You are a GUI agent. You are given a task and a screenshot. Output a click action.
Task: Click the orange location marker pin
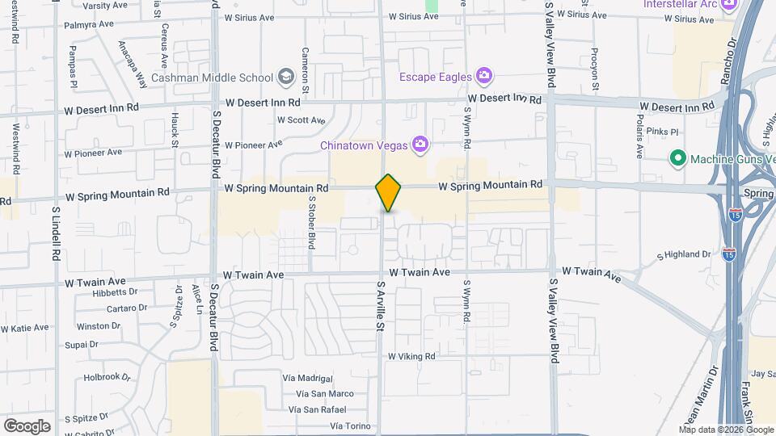(x=389, y=193)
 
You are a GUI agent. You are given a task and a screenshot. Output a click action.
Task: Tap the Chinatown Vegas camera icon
(x=420, y=145)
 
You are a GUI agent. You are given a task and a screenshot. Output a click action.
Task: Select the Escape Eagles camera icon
(x=484, y=77)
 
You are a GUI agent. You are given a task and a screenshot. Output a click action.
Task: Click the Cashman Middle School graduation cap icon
(x=285, y=78)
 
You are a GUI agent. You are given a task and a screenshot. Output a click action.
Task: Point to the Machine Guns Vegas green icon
(x=678, y=158)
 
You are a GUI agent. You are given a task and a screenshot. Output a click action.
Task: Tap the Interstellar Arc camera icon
(x=729, y=5)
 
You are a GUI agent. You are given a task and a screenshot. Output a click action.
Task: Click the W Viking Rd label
(x=411, y=356)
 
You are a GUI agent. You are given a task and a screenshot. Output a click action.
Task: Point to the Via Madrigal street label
(x=308, y=378)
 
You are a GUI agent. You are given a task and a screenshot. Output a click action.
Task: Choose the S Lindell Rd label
(x=56, y=233)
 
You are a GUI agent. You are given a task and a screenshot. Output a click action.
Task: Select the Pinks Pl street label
(x=660, y=131)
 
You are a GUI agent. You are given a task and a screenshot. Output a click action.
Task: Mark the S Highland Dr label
(x=684, y=254)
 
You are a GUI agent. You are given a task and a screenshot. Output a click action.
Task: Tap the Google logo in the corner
(x=27, y=426)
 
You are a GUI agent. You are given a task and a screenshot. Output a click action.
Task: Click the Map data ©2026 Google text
(x=725, y=430)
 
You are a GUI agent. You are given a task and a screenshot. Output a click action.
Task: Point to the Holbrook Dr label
(x=108, y=377)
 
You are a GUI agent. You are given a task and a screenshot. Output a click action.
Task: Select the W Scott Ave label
(x=301, y=120)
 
